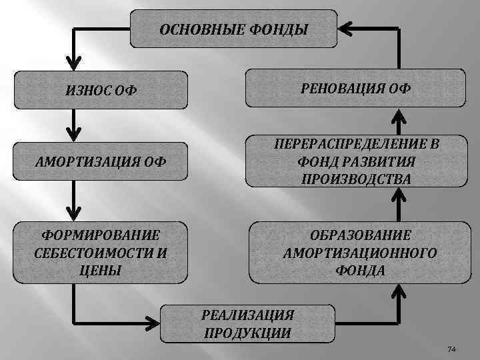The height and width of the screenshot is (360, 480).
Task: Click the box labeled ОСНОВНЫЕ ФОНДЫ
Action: coord(233,29)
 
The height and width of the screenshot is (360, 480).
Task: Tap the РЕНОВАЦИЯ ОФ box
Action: coord(357,88)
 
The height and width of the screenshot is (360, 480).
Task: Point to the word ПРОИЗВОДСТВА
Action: coord(356,179)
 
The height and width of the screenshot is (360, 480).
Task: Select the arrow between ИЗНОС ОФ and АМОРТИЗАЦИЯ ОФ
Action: coord(75,123)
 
